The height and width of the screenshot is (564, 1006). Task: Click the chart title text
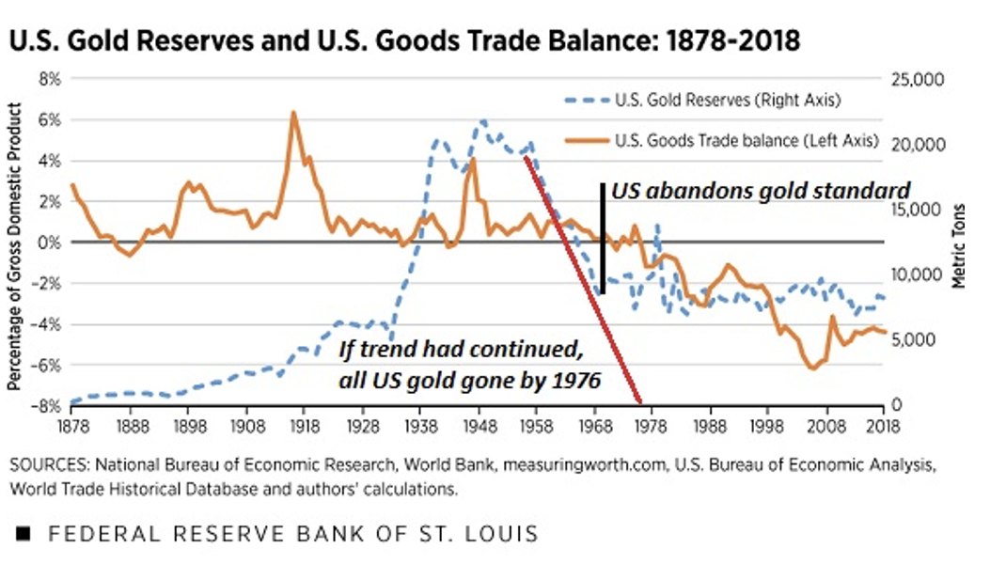coord(405,42)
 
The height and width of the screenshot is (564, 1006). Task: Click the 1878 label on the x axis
coord(72,424)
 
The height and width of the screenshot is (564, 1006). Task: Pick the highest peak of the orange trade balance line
coord(293,113)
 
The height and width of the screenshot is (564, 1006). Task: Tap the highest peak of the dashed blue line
coord(482,121)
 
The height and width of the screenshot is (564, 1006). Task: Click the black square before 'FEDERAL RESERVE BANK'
coord(24,534)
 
